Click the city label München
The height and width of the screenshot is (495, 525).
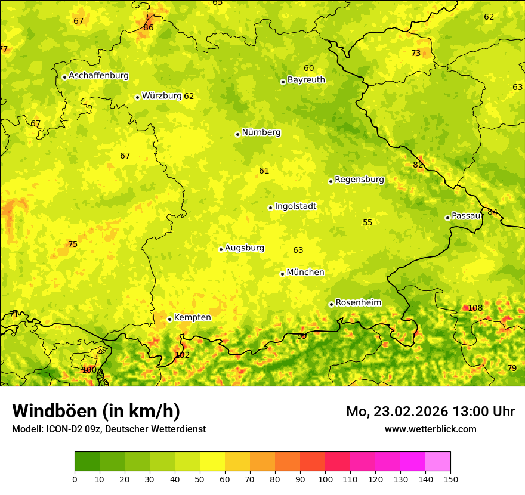[305, 273]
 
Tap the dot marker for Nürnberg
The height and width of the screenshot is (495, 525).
[237, 134]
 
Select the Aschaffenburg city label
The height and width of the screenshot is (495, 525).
[98, 76]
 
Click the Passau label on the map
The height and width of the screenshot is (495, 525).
[466, 216]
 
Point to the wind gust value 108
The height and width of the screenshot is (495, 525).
[475, 308]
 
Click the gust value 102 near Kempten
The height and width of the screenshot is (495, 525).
[182, 355]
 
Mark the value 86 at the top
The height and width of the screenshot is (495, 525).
[149, 27]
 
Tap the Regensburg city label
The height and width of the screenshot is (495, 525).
[359, 180]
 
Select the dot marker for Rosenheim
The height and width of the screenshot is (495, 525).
[331, 304]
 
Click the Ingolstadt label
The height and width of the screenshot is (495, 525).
[295, 206]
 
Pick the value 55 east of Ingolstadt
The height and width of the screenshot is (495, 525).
[367, 223]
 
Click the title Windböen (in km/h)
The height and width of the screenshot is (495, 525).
[96, 411]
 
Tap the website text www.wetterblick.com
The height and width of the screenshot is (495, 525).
[430, 429]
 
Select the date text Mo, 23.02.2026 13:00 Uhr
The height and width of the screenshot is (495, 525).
[430, 412]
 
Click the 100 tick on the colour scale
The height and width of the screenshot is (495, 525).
[325, 479]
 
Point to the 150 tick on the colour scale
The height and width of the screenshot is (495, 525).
[450, 479]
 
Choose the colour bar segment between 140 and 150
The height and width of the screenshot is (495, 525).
[438, 461]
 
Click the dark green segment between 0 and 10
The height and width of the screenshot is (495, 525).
[87, 461]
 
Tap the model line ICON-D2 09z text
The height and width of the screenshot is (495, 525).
[109, 429]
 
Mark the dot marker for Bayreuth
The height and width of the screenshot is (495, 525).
[283, 82]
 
